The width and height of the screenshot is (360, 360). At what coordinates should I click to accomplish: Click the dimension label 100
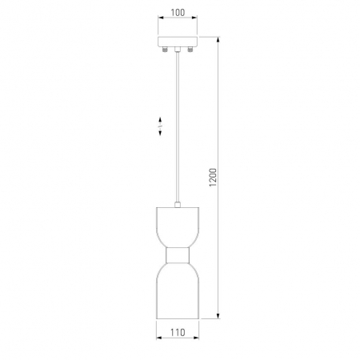[x=178, y=12]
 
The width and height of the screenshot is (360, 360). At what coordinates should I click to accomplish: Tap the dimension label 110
[x=178, y=332]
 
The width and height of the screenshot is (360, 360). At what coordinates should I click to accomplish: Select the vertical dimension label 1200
[x=213, y=178]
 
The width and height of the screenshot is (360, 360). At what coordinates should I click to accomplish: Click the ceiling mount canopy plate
[x=178, y=42]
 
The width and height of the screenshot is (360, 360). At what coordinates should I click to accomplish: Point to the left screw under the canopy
[x=165, y=49]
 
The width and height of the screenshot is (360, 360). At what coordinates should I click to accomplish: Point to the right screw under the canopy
[x=190, y=49]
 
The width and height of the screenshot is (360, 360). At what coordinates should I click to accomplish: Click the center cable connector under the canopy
[x=178, y=49]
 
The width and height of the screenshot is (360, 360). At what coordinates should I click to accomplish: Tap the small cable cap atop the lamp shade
[x=178, y=205]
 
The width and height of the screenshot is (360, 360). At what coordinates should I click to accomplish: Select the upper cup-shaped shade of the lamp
[x=178, y=227]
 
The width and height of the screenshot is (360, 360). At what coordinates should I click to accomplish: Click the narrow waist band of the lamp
[x=178, y=255]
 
